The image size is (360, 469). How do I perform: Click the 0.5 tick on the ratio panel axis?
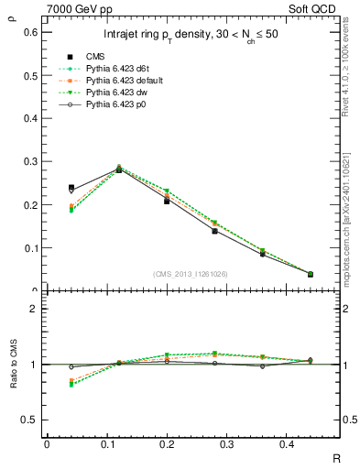pos(31,420)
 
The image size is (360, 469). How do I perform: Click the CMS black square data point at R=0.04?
pos(71,188)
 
